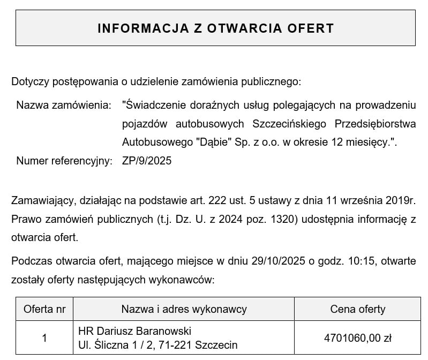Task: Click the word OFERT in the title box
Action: (311, 28)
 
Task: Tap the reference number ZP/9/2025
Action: (147, 161)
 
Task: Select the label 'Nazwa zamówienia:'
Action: (64, 104)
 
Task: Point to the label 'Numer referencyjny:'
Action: (64, 161)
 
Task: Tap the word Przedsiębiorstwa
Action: (375, 124)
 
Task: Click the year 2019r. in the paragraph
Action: (401, 201)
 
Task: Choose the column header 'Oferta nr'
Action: (44, 309)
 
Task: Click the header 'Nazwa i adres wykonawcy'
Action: (184, 309)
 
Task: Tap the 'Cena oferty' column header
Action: (358, 309)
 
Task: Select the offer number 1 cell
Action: (44, 338)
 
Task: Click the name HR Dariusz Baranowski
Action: (134, 331)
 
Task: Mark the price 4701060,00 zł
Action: (358, 338)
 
